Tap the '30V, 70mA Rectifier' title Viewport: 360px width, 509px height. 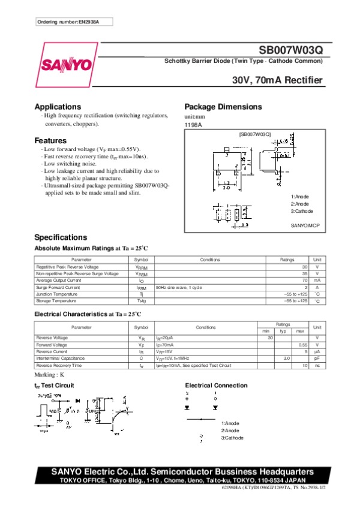[278, 80]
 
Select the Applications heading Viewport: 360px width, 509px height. [58, 107]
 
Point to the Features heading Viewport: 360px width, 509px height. [50, 141]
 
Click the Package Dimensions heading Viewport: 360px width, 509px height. [223, 107]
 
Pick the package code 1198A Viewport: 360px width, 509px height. [193, 125]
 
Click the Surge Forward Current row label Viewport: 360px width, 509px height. [58, 287]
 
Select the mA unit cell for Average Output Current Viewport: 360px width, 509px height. [317, 280]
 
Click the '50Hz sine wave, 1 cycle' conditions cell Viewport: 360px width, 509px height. [179, 287]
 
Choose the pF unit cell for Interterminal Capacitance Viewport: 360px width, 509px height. [317, 358]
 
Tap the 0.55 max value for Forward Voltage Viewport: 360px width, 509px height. [302, 345]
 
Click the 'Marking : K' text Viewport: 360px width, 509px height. [49, 375]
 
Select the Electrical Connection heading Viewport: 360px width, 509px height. [216, 385]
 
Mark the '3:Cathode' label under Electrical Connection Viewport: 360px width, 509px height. [232, 438]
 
